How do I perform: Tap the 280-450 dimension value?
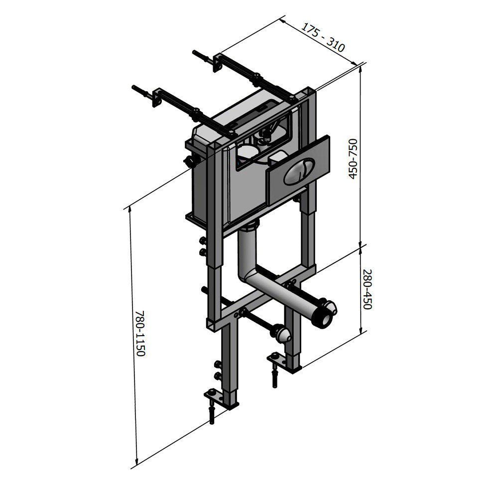pos(367,289)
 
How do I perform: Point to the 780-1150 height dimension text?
pos(140,333)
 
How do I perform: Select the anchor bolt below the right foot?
pos(274,376)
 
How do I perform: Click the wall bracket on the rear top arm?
pos(218,63)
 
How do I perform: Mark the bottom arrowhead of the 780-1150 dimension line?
pos(136,463)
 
